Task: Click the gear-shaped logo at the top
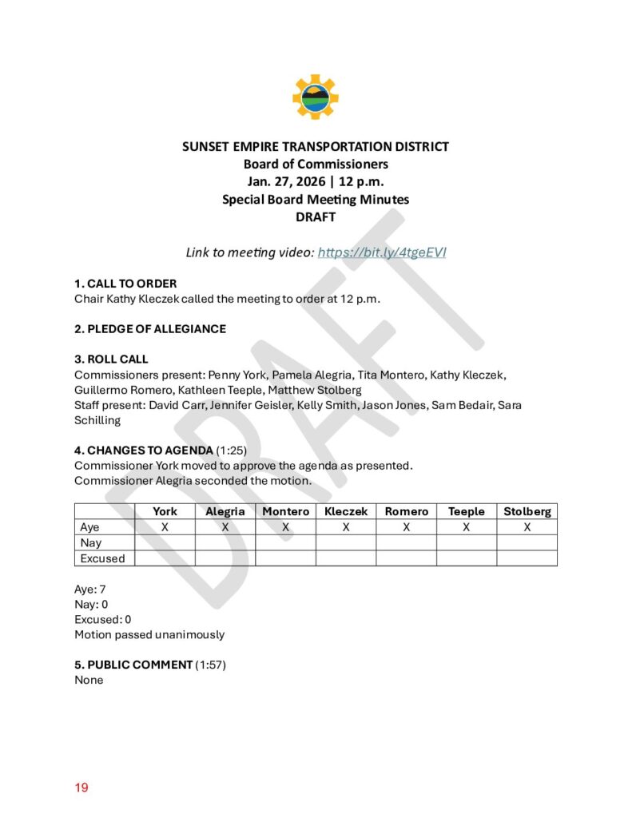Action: (x=316, y=97)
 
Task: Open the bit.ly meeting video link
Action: (x=382, y=252)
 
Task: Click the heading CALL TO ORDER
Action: (x=125, y=284)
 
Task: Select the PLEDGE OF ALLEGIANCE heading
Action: (x=150, y=328)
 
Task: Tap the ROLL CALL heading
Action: (x=111, y=359)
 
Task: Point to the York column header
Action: (x=165, y=511)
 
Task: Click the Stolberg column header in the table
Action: (x=527, y=511)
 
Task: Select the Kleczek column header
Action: (x=345, y=511)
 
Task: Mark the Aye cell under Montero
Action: (x=285, y=527)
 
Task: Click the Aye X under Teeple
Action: (x=466, y=527)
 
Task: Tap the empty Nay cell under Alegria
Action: (x=225, y=543)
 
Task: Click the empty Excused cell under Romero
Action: (x=406, y=558)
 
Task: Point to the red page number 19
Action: (x=81, y=788)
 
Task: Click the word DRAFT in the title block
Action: (x=315, y=216)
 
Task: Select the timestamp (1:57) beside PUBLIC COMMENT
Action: (x=211, y=665)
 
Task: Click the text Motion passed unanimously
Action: (x=149, y=635)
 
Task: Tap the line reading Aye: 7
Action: (x=90, y=589)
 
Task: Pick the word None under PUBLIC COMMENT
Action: (x=89, y=681)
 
